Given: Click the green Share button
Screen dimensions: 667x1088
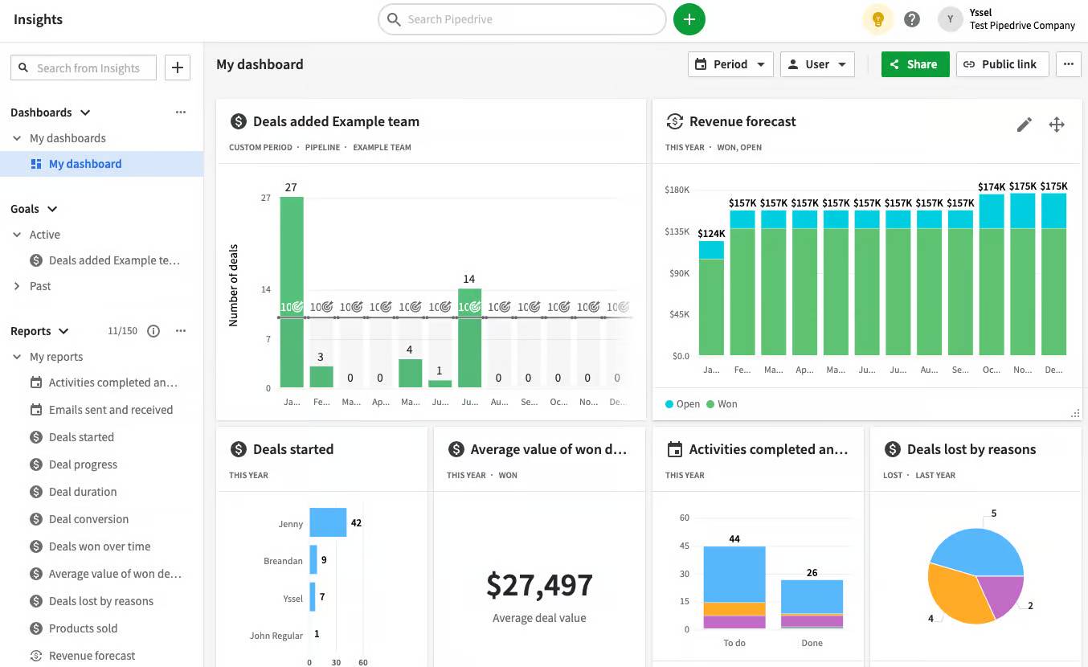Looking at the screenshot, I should [914, 64].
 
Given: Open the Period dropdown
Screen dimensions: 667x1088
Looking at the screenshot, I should [730, 64].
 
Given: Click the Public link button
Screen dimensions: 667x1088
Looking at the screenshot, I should [1001, 64].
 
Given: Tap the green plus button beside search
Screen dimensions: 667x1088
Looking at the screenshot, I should [689, 19].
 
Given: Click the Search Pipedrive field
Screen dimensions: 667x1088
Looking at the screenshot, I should [522, 19].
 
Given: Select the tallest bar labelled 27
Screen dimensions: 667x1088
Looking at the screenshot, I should [291, 289].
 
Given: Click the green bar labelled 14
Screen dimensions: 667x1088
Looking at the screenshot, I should [469, 338].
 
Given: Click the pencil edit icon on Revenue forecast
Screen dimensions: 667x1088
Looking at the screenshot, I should [1024, 125].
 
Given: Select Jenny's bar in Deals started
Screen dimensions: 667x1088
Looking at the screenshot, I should [328, 522].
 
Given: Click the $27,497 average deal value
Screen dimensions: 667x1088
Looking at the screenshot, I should [539, 586].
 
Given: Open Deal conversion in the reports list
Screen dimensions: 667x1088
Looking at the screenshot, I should [88, 519].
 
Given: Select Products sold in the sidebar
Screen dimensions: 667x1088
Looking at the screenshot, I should [83, 628].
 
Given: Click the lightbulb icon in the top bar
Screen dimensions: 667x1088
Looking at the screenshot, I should [877, 19].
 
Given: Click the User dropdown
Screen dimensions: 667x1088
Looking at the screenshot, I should [816, 64].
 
